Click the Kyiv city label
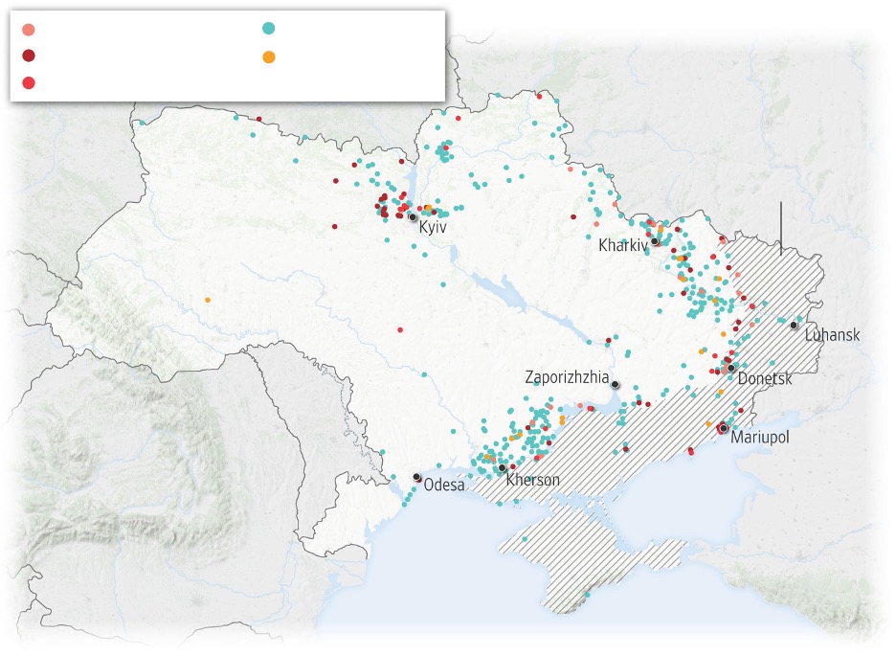pos(433,230)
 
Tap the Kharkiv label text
pos(622,245)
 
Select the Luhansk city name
pos(832,335)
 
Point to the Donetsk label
pos(765,379)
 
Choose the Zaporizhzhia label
pos(567,377)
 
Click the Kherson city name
pos(532,481)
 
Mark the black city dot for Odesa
pos(416,477)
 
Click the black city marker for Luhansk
pos(794,326)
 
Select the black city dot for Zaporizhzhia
pos(616,385)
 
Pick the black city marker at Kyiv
pos(413,217)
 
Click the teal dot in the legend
pos(269,28)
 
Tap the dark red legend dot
pos(29,56)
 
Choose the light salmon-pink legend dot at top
pos(29,29)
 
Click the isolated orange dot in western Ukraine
pos(207,301)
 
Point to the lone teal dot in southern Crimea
pos(587,595)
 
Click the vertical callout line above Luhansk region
pos(781,228)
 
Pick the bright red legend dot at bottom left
pos(29,82)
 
